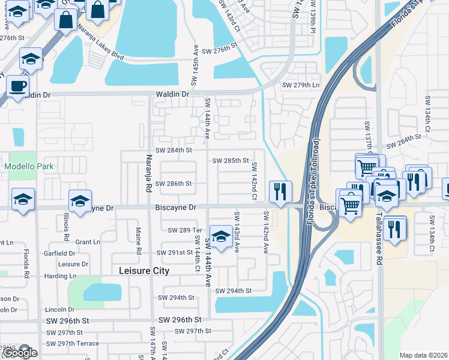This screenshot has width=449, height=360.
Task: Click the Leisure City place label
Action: (143, 271)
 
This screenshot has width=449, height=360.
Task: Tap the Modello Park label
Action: (29, 166)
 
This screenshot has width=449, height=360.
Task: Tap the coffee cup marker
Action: (18, 85)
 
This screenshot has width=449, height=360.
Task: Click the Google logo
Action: (19, 353)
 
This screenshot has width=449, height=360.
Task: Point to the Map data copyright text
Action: (424, 355)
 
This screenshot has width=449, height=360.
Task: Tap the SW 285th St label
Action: (231, 160)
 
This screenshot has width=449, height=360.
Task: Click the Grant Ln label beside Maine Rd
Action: (88, 242)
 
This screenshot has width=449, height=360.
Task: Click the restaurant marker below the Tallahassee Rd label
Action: (394, 229)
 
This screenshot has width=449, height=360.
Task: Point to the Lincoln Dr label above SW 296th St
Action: (59, 310)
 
